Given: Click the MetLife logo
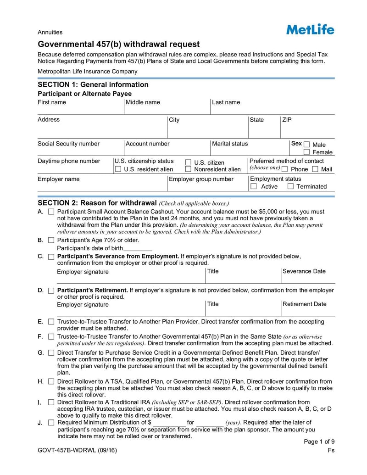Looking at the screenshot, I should click(x=310, y=29).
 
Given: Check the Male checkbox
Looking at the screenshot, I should click(x=307, y=144).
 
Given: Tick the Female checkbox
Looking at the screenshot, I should click(x=307, y=152).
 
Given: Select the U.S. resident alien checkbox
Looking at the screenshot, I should click(x=118, y=169).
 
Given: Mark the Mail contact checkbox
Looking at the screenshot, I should click(x=315, y=169).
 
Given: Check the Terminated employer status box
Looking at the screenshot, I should click(x=290, y=186).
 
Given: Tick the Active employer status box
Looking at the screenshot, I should click(x=254, y=186).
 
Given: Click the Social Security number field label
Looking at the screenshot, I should click(x=68, y=144).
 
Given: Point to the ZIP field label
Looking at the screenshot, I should click(x=287, y=120).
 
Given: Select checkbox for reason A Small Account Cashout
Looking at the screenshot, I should click(x=51, y=212).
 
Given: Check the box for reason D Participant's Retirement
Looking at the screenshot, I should click(x=51, y=291).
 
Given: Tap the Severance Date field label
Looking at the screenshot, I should click(x=304, y=271).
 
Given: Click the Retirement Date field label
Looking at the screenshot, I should click(x=304, y=304).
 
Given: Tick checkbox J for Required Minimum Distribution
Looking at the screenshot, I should click(x=51, y=423).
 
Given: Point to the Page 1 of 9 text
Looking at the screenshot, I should click(x=319, y=441).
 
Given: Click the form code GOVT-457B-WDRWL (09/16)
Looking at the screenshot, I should click(x=77, y=450).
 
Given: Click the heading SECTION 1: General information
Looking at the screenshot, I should click(x=93, y=84).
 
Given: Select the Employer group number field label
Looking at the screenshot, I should click(x=201, y=179).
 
